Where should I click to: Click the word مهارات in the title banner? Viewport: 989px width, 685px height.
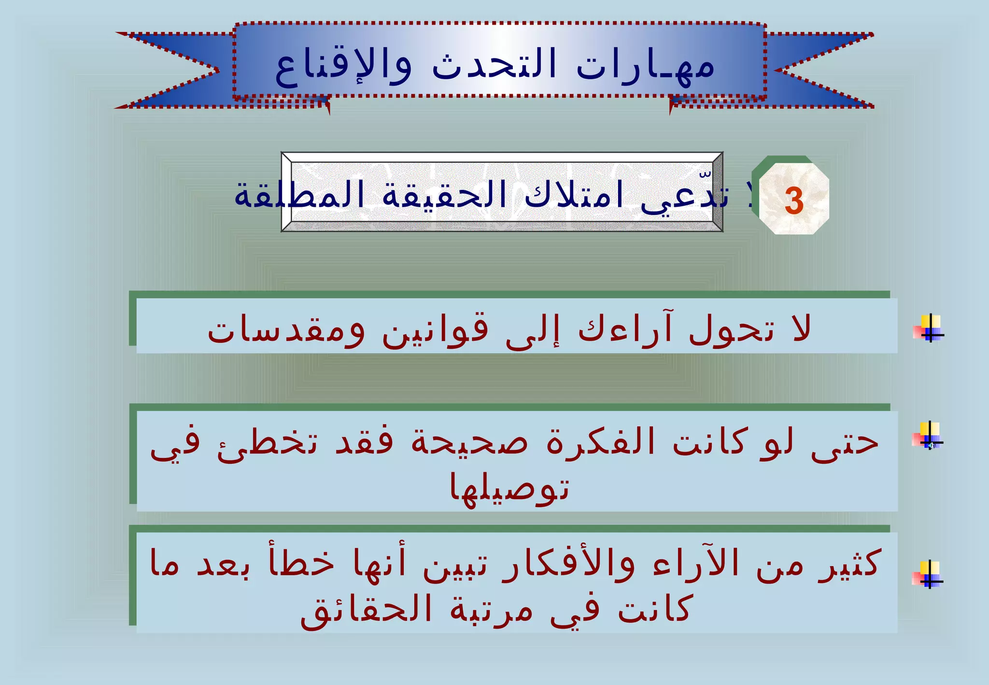click(645, 68)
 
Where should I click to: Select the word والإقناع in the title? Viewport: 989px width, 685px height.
click(343, 68)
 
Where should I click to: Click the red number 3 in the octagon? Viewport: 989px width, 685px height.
click(794, 200)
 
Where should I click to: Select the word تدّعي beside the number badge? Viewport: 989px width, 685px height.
click(684, 197)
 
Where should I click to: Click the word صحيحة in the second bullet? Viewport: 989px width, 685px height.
click(469, 442)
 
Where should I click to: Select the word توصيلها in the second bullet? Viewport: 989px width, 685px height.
click(509, 487)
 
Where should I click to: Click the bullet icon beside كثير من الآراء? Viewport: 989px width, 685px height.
click(928, 574)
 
